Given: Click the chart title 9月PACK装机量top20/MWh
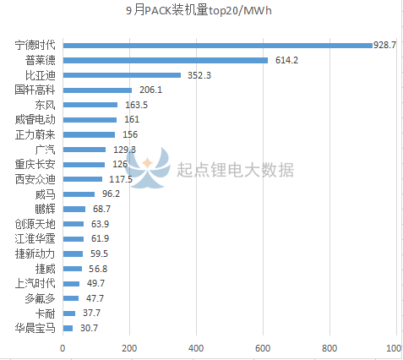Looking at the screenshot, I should coord(201,11).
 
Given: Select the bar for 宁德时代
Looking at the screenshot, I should coord(217,45).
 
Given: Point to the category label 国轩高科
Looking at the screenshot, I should coord(35,90).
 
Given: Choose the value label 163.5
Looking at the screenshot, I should coord(135,105).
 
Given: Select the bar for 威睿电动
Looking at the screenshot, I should coord(90,120).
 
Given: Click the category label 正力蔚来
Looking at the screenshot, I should coord(35,134).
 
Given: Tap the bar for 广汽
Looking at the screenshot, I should coord(84,150).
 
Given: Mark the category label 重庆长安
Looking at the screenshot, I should coord(35,164).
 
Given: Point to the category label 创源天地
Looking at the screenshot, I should coord(35,224).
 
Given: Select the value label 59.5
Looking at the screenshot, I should coord(97,254).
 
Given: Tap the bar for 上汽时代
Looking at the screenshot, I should coord(71,284).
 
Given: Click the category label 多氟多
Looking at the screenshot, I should coord(40,298).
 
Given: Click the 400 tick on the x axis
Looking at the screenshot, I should coord(196,348).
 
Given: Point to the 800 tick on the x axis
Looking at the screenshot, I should coord(329,348).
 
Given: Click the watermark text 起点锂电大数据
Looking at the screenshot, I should coord(236,170).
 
